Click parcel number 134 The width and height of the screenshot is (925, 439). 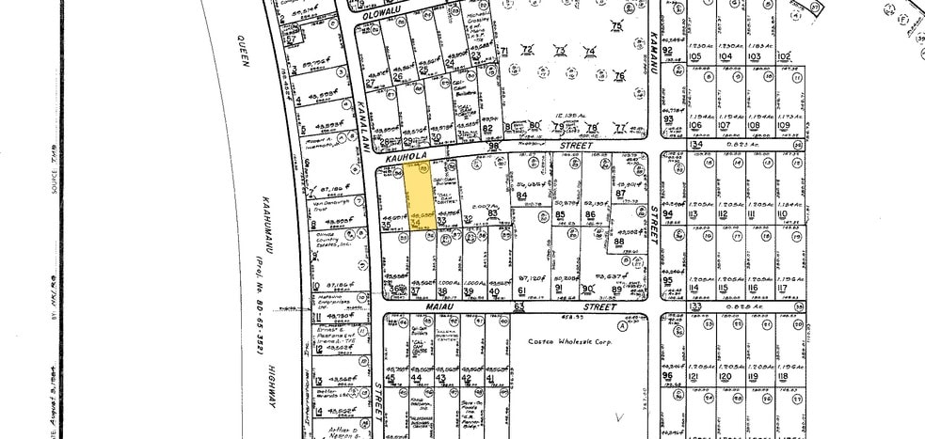click(x=696, y=144)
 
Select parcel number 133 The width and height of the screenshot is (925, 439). click(x=696, y=306)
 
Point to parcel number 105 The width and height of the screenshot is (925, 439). click(x=696, y=56)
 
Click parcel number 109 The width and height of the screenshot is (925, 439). click(x=783, y=125)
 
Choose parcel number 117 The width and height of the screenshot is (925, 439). click(x=782, y=288)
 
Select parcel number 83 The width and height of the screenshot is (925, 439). click(x=492, y=213)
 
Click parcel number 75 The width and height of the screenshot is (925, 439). click(x=617, y=25)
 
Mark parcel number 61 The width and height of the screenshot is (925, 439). click(x=520, y=291)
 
